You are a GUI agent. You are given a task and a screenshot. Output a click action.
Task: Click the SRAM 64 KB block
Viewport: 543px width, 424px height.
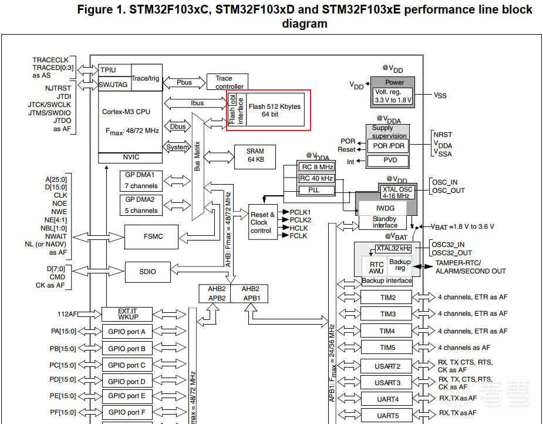(255, 155)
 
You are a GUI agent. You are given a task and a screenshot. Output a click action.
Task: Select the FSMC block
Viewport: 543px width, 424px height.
(153, 236)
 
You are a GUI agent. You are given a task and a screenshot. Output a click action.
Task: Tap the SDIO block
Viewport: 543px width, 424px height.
(147, 272)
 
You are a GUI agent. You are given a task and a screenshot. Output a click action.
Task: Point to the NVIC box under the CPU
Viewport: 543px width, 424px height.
(130, 157)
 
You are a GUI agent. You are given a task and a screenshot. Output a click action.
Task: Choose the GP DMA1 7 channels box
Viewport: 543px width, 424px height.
(140, 181)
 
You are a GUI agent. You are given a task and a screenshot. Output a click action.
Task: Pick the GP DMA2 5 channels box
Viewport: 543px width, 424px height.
(140, 205)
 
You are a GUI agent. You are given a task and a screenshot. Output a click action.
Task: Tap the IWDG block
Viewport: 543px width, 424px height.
(385, 208)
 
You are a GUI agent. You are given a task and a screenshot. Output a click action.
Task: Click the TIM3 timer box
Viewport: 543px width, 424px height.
(387, 314)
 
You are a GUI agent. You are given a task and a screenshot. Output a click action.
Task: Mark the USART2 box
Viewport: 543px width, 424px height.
(387, 366)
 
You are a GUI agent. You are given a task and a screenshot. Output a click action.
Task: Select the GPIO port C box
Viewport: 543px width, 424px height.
(127, 365)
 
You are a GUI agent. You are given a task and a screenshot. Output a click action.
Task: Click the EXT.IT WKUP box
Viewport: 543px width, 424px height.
(127, 314)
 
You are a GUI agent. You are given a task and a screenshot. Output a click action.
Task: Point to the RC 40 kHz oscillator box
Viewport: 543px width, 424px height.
(316, 178)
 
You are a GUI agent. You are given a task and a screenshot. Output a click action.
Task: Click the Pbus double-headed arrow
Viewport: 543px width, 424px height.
(184, 82)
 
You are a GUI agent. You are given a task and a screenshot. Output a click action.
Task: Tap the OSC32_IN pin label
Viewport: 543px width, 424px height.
(448, 245)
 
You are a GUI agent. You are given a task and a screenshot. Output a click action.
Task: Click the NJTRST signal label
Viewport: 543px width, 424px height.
(58, 88)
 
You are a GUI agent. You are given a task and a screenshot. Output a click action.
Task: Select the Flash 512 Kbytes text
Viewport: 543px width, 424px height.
(274, 106)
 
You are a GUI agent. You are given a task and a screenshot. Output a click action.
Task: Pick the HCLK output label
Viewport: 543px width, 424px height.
(299, 228)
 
